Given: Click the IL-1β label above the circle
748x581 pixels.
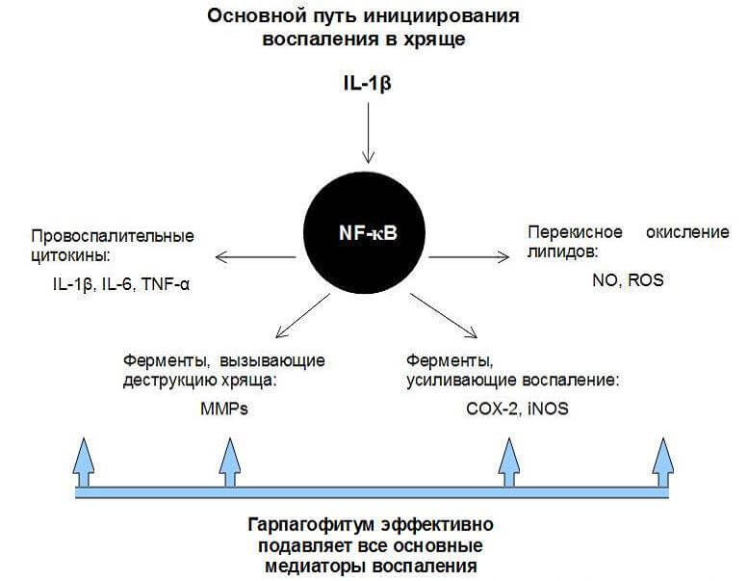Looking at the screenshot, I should click(x=367, y=84).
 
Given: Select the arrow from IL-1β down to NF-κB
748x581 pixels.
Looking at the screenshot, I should click(x=367, y=134).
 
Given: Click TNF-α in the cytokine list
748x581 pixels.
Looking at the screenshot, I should click(x=164, y=285).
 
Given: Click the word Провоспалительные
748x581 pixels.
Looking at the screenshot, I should click(x=113, y=235).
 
